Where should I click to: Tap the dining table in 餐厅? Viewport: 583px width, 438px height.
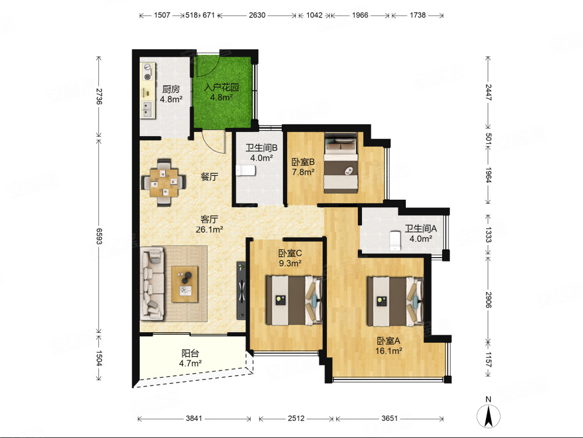(x=164, y=183)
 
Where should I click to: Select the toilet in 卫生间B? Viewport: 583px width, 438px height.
(x=246, y=171)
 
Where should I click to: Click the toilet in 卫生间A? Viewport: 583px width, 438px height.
(x=395, y=241)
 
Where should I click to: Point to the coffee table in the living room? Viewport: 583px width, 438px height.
(x=184, y=284)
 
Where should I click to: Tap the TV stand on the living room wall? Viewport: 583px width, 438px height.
(x=242, y=291)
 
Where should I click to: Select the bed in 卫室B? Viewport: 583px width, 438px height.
(x=340, y=162)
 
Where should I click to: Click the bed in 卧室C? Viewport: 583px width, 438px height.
(x=294, y=300)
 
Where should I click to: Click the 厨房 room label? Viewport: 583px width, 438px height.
(x=171, y=89)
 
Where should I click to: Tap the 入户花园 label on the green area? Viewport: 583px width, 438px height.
(x=222, y=87)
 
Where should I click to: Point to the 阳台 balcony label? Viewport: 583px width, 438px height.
(x=191, y=353)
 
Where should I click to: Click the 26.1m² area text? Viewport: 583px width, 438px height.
(x=209, y=230)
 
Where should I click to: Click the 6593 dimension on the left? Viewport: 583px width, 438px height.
(x=99, y=236)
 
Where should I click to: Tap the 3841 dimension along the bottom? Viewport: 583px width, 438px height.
(x=194, y=418)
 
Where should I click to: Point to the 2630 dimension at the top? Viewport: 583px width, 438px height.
(x=257, y=15)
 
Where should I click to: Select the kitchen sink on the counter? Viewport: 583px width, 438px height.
(x=147, y=109)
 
